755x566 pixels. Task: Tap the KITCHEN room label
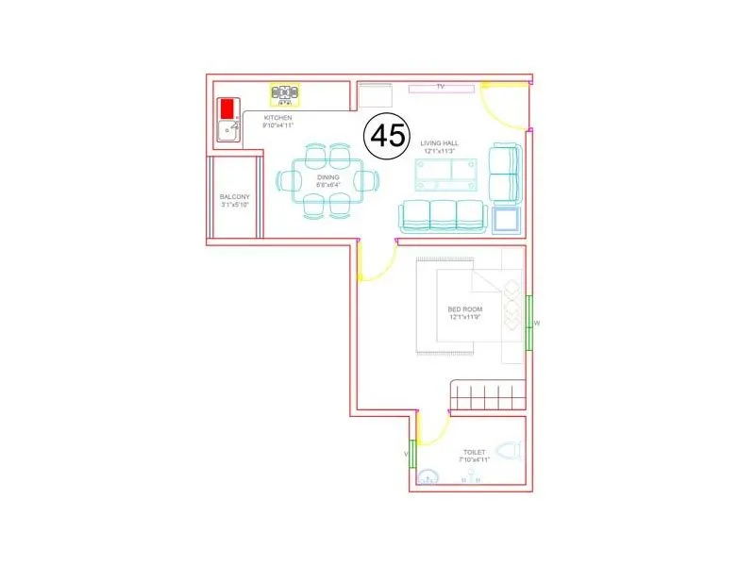279,117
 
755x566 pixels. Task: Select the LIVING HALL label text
439,142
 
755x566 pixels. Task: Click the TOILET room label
475,454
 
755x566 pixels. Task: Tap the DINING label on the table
327,177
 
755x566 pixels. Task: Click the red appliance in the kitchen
227,108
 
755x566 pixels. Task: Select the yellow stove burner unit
283,93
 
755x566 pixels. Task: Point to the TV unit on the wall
441,88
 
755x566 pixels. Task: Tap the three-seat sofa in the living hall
442,216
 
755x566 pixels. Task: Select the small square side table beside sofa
506,220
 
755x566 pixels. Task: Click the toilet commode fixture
510,452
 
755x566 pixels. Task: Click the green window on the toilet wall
411,455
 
